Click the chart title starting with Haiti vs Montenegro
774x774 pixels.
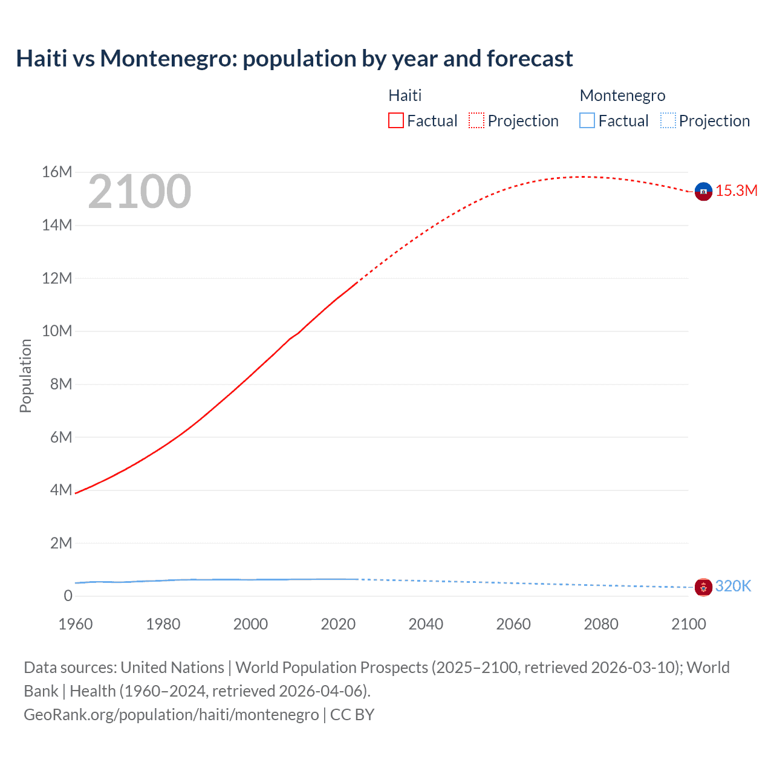point(294,59)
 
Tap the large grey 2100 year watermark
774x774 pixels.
point(140,192)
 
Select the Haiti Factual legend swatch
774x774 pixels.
point(395,120)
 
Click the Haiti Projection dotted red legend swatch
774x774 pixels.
point(476,120)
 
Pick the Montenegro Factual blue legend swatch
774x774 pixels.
point(587,120)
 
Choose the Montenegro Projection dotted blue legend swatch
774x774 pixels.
point(668,120)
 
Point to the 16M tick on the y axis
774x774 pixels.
point(57,172)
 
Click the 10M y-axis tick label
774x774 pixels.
point(57,331)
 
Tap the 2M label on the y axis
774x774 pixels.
point(61,543)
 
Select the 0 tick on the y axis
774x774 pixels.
point(68,596)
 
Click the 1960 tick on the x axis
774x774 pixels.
point(76,624)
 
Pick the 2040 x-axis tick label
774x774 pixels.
point(426,624)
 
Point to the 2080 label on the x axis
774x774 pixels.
point(601,624)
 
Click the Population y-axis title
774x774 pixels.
point(25,376)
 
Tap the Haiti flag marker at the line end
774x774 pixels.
point(703,192)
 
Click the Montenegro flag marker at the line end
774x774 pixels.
point(703,587)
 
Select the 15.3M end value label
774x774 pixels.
point(737,191)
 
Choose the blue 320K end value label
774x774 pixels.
point(733,586)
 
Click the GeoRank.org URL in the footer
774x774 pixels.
point(171,715)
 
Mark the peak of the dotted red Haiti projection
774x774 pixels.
point(583,177)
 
